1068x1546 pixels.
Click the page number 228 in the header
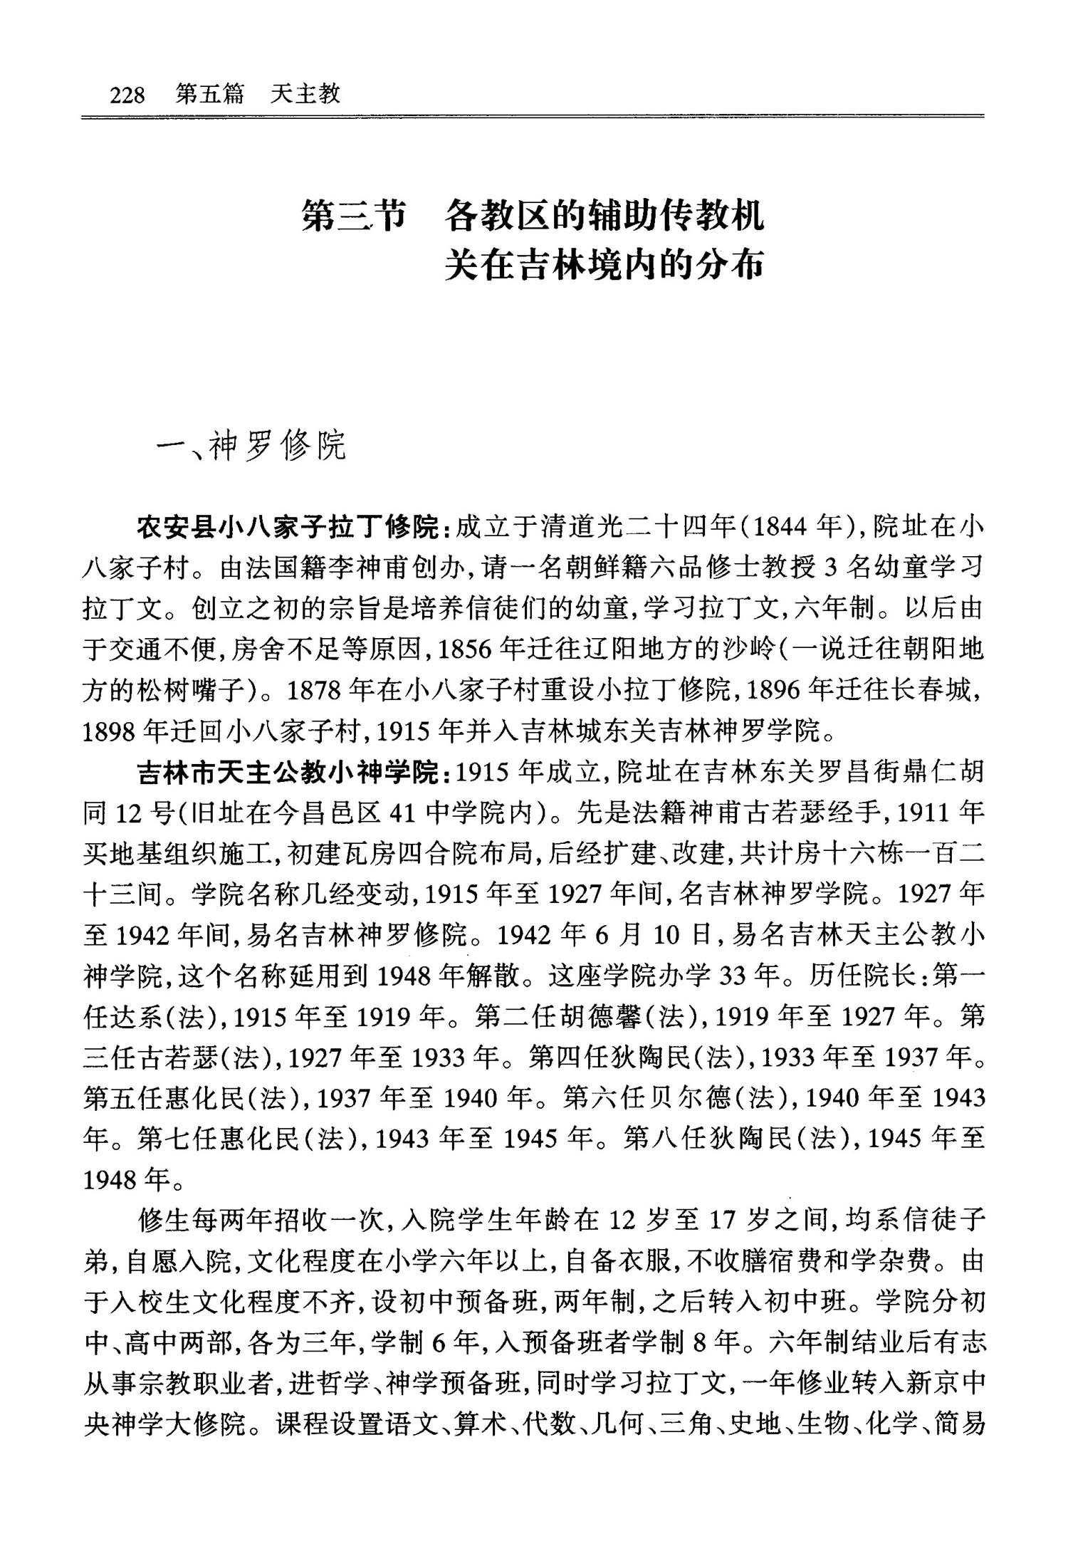(x=127, y=95)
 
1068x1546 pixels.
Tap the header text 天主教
(x=305, y=94)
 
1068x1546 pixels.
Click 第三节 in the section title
(x=354, y=216)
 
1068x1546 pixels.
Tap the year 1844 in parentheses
(x=782, y=528)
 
